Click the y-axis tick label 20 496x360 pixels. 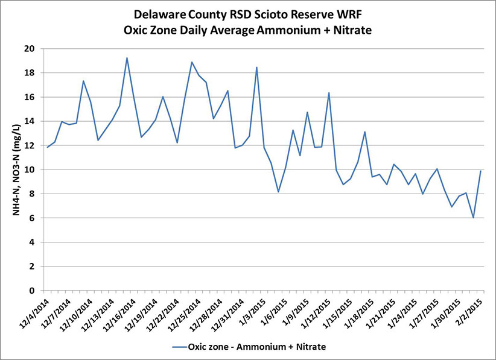click(36, 48)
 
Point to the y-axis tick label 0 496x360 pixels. click(38, 291)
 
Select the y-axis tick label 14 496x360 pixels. click(36, 121)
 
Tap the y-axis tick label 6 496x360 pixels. click(38, 218)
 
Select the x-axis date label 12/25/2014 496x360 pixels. click(188, 314)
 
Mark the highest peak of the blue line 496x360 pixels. click(127, 58)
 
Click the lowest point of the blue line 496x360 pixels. click(473, 218)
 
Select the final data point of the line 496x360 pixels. click(480, 171)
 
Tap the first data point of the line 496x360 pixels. click(47, 147)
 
